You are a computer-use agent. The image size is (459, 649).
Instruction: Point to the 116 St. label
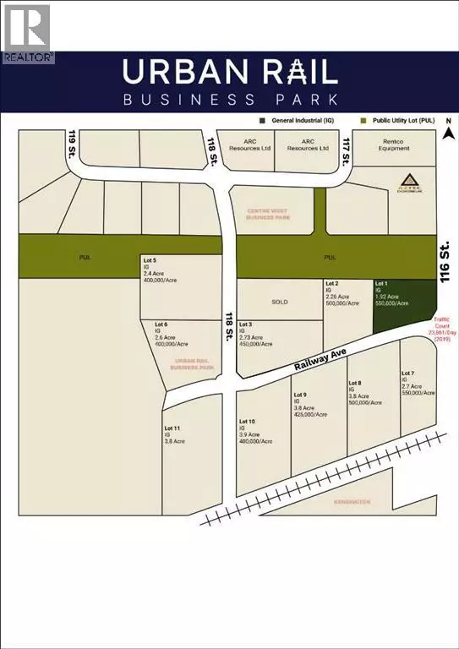click(447, 260)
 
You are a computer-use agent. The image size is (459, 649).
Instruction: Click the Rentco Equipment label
click(394, 145)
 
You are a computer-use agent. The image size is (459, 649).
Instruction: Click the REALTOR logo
click(27, 34)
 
